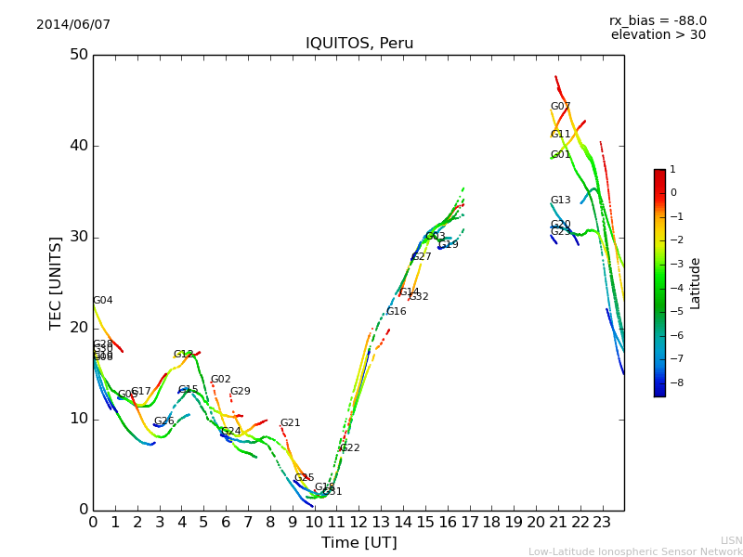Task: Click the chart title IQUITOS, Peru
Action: click(359, 44)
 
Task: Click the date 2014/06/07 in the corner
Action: click(73, 25)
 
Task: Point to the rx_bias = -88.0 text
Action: click(658, 20)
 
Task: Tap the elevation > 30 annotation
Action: click(658, 35)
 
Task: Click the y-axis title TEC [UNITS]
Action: click(56, 282)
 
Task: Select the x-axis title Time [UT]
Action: click(358, 543)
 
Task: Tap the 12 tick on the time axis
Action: click(358, 523)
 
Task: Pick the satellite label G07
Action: click(560, 107)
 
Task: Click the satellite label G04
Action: click(103, 301)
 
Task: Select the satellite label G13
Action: click(560, 201)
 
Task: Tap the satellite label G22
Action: click(349, 448)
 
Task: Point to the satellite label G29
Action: click(240, 392)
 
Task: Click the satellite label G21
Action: click(290, 423)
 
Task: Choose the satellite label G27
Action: click(421, 257)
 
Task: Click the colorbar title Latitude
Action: click(696, 283)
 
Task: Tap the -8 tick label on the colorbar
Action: click(675, 382)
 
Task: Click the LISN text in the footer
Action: click(731, 540)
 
